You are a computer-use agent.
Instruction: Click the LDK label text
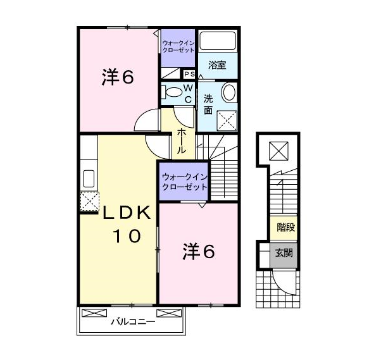[x=127, y=213]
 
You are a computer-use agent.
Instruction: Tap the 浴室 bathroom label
[x=217, y=65]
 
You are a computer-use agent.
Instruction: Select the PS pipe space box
[x=189, y=74]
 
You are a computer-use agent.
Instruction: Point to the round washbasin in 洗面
[x=229, y=92]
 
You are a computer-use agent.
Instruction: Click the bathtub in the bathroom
[x=218, y=40]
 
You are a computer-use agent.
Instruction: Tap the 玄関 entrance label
[x=284, y=253]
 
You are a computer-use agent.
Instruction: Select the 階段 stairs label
[x=286, y=227]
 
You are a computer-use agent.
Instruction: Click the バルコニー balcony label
[x=133, y=322]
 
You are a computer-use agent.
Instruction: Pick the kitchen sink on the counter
[x=89, y=179]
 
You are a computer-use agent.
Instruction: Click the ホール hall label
[x=182, y=141]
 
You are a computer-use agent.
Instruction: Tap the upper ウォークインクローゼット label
[x=178, y=47]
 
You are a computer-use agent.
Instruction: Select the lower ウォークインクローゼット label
[x=185, y=182]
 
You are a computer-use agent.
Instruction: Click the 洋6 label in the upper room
[x=118, y=77]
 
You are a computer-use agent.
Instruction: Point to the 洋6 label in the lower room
[x=199, y=251]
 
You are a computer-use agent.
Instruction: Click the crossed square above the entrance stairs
[x=278, y=151]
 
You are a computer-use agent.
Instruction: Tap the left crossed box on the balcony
[x=94, y=313]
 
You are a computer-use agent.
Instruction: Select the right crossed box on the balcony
[x=169, y=313]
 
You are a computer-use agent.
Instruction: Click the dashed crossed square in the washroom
[x=227, y=120]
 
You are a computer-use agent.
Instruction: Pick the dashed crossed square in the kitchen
[x=89, y=201]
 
